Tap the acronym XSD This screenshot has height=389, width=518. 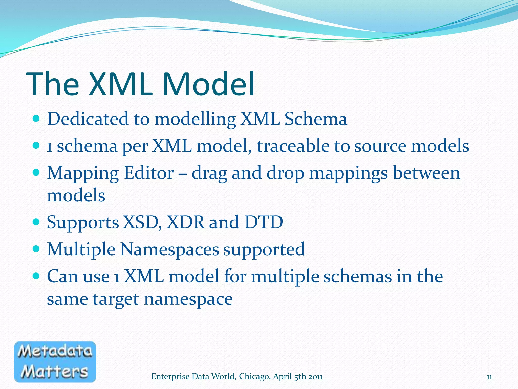[x=142, y=222]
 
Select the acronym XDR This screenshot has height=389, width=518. [x=185, y=222]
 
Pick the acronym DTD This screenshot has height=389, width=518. [x=264, y=222]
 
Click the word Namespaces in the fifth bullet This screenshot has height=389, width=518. [x=169, y=249]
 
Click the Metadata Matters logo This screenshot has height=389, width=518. [x=55, y=362]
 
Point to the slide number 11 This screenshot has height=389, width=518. [x=489, y=377]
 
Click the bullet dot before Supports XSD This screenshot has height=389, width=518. [x=36, y=222]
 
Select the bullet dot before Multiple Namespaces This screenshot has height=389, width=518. [x=36, y=249]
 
